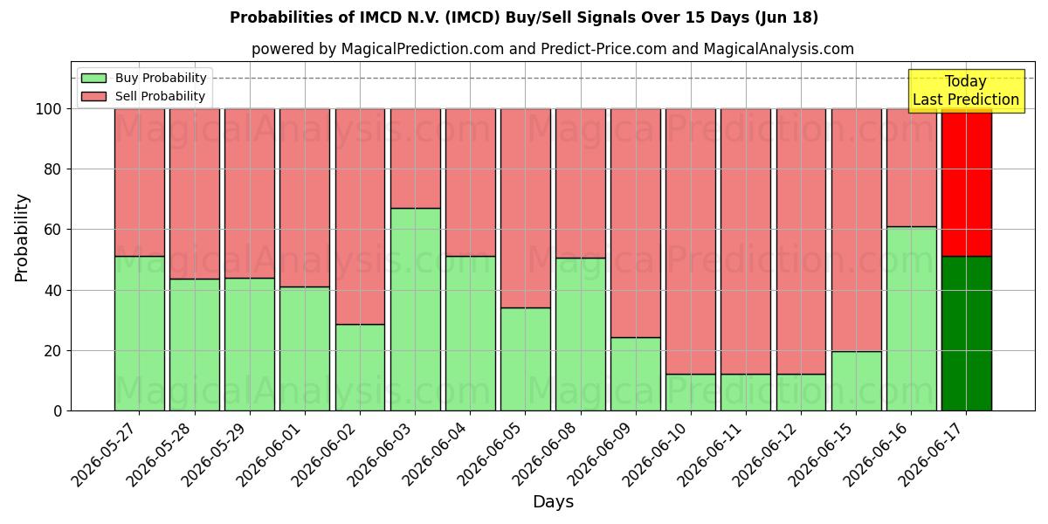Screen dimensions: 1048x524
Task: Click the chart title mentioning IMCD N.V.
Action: coord(523,17)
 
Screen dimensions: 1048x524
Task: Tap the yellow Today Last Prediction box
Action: coord(966,91)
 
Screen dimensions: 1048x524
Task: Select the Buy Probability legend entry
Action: coord(143,78)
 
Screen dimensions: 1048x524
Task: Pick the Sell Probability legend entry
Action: coord(143,96)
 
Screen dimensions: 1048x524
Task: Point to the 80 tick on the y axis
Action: coord(52,169)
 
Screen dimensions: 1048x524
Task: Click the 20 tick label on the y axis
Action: coord(52,351)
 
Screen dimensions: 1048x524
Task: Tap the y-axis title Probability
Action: coord(22,238)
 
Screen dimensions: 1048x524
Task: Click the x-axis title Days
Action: coord(553,502)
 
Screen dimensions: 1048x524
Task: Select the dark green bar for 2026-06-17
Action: coord(967,334)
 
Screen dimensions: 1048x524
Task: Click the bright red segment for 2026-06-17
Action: coord(967,183)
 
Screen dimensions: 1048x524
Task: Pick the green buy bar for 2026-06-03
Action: coord(416,309)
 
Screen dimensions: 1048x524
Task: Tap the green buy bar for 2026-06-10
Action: coord(691,392)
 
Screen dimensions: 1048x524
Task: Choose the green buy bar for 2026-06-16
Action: coord(912,319)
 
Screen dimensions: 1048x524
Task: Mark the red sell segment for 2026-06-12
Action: coord(802,241)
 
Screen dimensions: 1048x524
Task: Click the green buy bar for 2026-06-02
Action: coord(360,368)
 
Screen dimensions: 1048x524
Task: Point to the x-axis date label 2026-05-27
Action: coord(107,454)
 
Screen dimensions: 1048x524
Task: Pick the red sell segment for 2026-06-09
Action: coord(636,224)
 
